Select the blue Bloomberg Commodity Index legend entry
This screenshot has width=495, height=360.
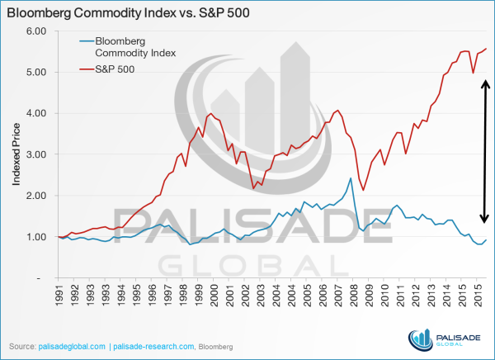tap(130, 46)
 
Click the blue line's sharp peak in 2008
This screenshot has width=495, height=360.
tap(351, 178)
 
